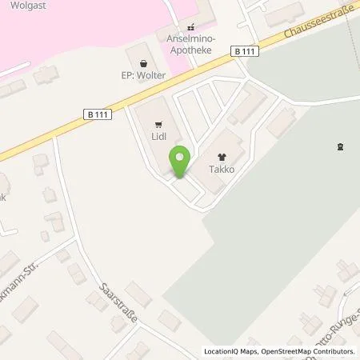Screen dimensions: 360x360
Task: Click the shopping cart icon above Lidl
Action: pyautogui.click(x=157, y=124)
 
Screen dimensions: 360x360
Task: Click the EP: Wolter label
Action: pyautogui.click(x=143, y=77)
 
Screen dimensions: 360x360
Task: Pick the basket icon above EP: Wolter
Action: pyautogui.click(x=143, y=63)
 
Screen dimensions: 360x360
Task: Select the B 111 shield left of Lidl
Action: pyautogui.click(x=96, y=114)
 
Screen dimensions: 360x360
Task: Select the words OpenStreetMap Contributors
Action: pyautogui.click(x=307, y=351)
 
